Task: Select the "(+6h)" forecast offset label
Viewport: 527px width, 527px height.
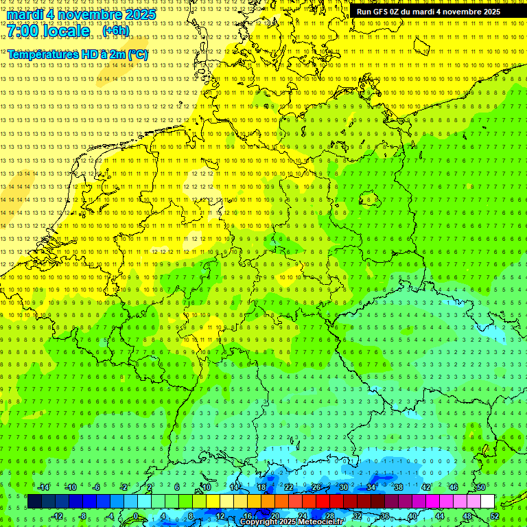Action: (115, 31)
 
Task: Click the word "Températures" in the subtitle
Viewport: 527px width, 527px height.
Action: (42, 54)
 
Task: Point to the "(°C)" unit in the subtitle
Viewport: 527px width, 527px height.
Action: (137, 54)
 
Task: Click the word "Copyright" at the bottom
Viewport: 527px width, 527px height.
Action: (259, 522)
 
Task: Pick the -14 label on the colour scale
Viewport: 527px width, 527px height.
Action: (43, 487)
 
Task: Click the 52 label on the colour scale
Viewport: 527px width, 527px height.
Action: (494, 516)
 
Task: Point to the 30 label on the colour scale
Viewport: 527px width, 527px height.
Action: (343, 487)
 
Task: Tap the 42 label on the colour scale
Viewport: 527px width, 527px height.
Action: (425, 487)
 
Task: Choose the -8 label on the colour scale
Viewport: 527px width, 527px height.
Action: (82, 516)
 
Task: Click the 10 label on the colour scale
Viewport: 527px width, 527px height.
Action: (207, 487)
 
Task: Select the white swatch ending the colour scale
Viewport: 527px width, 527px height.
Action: (487, 502)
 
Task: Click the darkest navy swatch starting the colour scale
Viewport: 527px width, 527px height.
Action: (34, 502)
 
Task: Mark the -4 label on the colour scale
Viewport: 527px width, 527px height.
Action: (110, 516)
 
